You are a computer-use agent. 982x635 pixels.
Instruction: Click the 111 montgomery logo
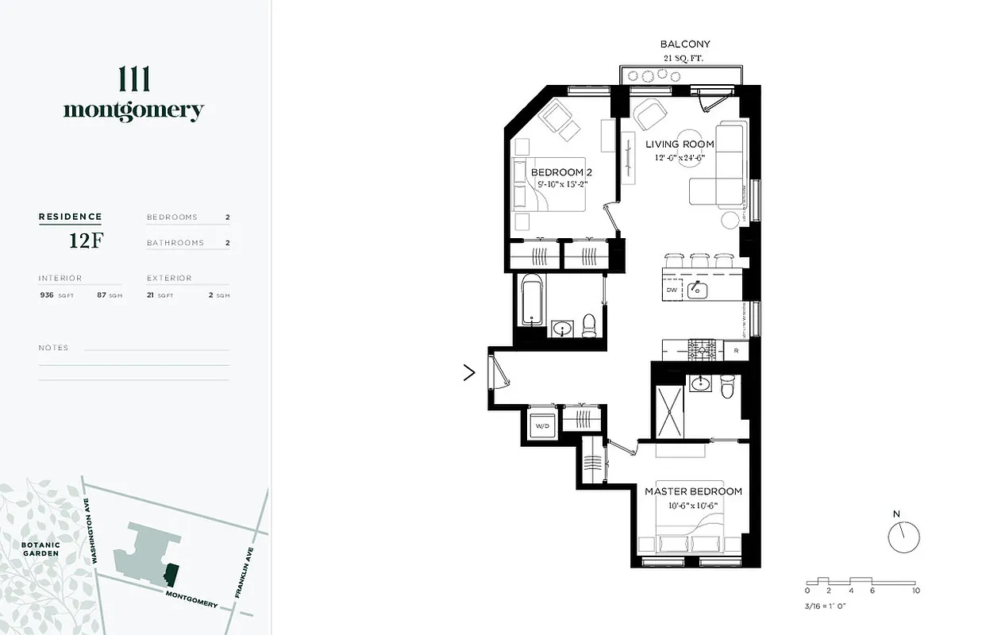click(133, 95)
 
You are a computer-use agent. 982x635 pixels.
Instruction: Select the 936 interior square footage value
click(47, 294)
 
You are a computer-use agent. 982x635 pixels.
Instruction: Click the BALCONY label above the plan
click(685, 44)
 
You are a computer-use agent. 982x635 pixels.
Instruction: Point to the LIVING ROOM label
click(679, 144)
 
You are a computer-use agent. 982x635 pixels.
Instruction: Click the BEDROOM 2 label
click(561, 172)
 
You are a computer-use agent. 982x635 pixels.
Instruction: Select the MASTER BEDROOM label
click(692, 491)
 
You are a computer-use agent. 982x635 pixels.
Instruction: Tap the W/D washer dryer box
click(542, 425)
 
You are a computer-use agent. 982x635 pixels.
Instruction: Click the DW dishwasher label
click(672, 291)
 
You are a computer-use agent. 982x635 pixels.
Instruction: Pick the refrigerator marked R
click(736, 350)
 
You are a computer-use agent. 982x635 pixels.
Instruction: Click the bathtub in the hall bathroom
click(531, 299)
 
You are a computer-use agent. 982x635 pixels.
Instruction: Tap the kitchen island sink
click(698, 290)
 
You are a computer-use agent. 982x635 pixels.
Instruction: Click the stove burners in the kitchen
click(701, 349)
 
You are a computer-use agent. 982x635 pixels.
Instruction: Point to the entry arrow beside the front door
click(469, 372)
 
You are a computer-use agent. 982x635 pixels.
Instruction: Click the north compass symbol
click(903, 537)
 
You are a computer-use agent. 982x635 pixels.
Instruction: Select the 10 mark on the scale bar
click(915, 591)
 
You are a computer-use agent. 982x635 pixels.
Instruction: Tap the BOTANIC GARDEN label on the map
click(40, 548)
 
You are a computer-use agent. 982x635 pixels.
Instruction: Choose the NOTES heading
click(53, 348)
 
